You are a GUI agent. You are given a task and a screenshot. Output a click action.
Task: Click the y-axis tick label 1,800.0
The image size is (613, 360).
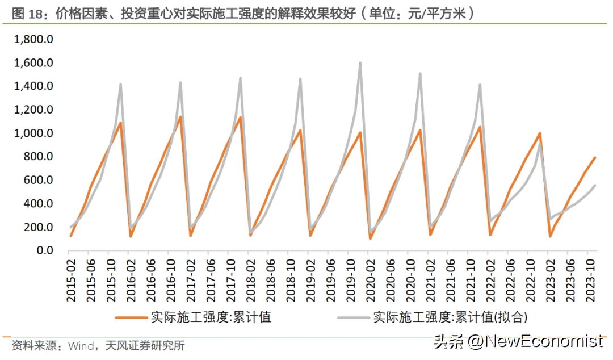(x=33, y=40)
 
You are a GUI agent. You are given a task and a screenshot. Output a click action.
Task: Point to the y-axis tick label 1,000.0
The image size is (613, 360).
(x=33, y=133)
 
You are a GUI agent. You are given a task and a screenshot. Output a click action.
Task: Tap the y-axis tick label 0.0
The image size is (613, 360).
(x=42, y=250)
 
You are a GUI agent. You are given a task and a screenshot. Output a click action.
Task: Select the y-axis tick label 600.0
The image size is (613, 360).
(x=37, y=180)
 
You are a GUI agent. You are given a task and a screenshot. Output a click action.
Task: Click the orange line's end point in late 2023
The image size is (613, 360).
(x=595, y=158)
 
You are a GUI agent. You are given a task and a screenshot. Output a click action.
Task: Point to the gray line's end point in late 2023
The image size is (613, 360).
(x=595, y=186)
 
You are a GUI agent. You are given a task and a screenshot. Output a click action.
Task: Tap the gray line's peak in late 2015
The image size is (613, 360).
(x=120, y=85)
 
